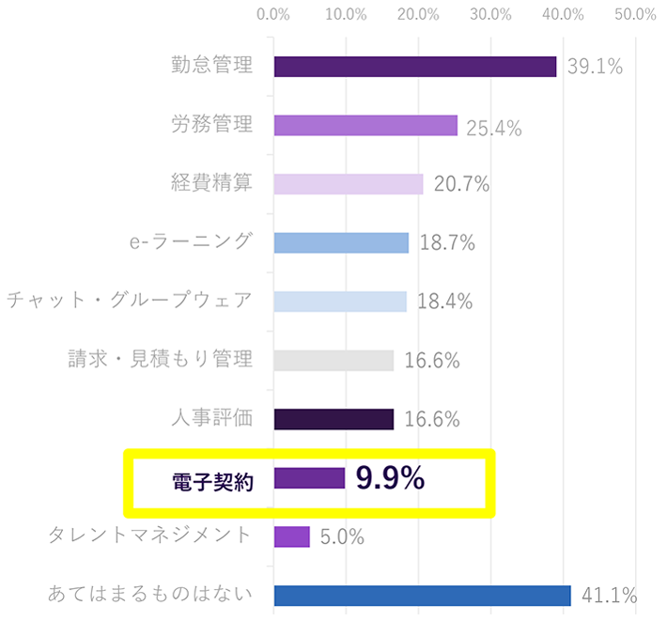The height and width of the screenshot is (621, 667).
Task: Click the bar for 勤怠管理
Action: tap(414, 67)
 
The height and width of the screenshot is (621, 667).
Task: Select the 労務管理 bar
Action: tap(365, 126)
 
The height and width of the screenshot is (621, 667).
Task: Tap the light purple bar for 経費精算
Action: tap(349, 184)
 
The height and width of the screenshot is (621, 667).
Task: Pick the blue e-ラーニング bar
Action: tap(341, 242)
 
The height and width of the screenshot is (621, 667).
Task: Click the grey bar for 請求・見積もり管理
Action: tap(333, 361)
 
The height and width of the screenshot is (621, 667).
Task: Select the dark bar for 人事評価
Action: tap(333, 419)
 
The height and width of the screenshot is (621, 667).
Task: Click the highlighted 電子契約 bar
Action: tap(309, 478)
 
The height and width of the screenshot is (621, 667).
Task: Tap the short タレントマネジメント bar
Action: tap(291, 536)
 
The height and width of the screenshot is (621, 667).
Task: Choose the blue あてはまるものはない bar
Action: tap(422, 596)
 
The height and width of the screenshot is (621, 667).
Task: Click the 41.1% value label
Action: tap(610, 596)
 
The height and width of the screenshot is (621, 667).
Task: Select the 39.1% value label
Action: tap(595, 68)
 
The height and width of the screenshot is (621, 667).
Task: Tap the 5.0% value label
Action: tap(342, 537)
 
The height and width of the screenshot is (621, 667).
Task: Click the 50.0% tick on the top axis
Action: tap(636, 14)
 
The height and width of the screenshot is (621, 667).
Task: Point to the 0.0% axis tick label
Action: tap(273, 14)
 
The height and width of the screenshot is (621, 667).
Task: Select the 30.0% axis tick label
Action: tap(491, 14)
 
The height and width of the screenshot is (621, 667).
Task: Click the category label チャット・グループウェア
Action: tap(130, 301)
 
